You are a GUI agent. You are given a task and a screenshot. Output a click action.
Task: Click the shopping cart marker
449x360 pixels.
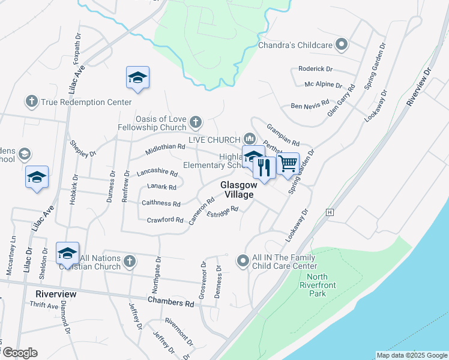[288, 163]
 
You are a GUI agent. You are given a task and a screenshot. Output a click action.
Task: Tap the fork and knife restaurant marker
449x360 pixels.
[264, 167]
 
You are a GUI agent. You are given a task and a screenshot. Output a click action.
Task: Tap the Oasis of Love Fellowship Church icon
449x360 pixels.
[195, 123]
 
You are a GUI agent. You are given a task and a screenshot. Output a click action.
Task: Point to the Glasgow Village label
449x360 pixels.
[237, 190]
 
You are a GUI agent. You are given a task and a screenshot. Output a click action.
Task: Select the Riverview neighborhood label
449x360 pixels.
[56, 294]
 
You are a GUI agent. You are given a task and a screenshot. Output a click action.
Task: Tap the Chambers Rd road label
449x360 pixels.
[171, 303]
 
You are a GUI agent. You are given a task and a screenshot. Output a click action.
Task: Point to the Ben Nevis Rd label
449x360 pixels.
[310, 106]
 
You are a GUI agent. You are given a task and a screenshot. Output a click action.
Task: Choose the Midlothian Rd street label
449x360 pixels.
[164, 147]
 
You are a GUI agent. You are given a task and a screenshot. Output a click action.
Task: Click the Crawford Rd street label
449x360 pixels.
[164, 220]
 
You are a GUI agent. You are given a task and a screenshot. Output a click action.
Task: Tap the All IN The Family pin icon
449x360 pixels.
[243, 260]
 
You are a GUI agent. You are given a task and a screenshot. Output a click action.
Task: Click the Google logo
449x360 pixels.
[20, 353]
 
